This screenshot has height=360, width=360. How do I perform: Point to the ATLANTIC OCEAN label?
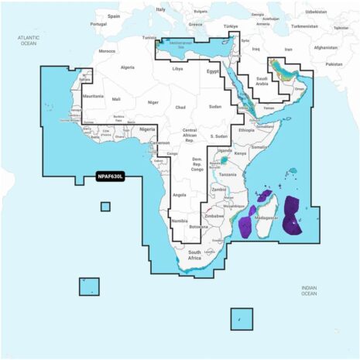tap(28, 40)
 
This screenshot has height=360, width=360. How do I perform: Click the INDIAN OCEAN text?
tap(309, 290)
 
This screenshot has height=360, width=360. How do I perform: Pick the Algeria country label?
tap(127, 67)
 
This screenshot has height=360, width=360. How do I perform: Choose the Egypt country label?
tap(213, 71)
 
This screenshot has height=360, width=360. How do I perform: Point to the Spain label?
tap(114, 15)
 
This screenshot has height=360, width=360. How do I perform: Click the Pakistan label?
tap(334, 64)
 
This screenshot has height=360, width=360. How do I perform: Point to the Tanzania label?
tap(227, 175)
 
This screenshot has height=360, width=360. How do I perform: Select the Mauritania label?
tap(93, 96)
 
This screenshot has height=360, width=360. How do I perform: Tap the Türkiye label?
tap(231, 26)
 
